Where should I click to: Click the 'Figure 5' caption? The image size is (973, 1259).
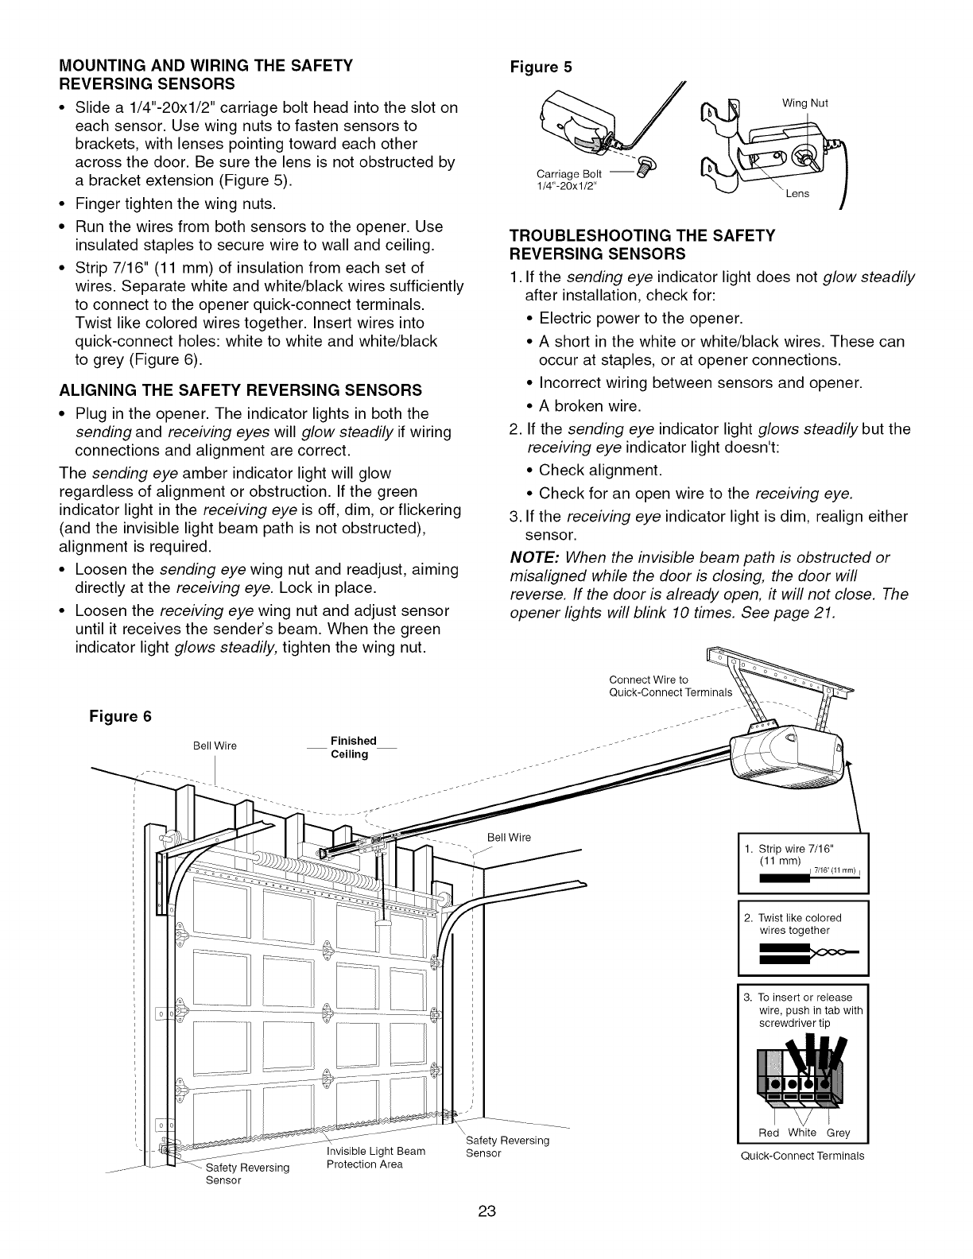(540, 67)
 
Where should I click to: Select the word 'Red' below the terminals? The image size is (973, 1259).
(769, 1133)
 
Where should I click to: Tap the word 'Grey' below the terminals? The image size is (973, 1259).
(838, 1133)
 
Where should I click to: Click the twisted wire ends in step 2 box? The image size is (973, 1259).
(834, 952)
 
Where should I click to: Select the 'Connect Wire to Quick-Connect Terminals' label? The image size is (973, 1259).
(669, 685)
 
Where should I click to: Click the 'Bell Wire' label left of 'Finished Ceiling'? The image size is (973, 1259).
(215, 746)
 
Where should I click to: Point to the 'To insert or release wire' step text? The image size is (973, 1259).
(804, 1009)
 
